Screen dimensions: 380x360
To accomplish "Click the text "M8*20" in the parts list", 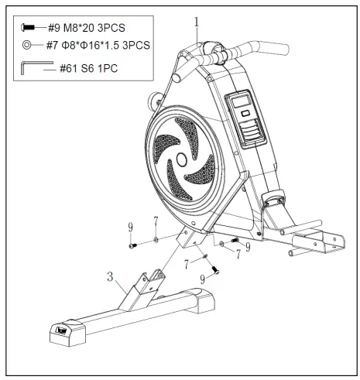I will point(86,28).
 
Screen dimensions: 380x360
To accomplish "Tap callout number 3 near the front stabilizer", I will point(111,276).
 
